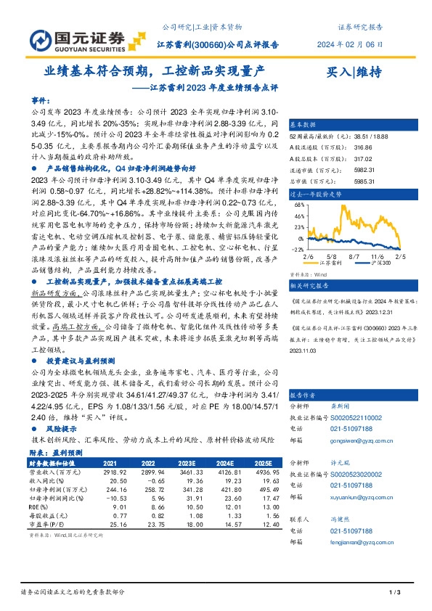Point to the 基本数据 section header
(303, 124)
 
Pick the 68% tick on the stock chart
(298, 205)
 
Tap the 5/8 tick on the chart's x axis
(333, 256)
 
